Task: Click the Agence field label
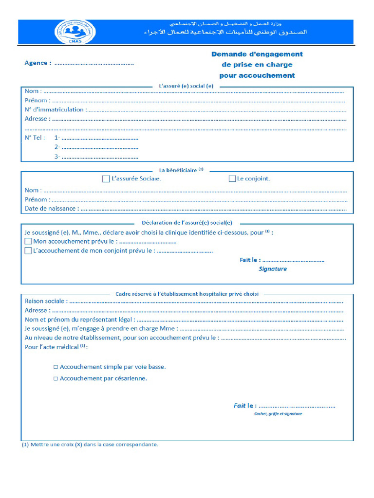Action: tap(37, 63)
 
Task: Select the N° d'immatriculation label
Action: tap(55, 109)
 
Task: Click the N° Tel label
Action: tap(35, 138)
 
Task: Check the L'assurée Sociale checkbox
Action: tap(106, 179)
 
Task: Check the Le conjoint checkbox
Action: tap(232, 179)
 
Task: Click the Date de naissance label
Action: tap(51, 209)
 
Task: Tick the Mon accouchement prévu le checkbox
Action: tap(28, 241)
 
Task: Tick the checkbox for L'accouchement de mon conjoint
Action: tap(28, 251)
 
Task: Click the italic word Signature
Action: tap(273, 268)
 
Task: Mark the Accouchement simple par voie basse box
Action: tap(56, 367)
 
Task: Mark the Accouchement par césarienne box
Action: tap(56, 378)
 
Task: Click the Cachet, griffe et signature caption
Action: tap(278, 413)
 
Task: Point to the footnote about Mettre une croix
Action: tap(90, 445)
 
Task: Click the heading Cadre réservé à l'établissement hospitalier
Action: tap(187, 294)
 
